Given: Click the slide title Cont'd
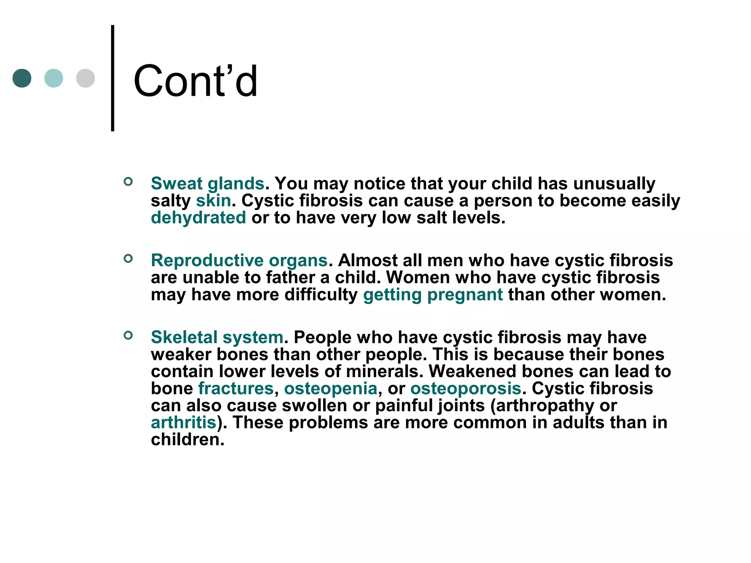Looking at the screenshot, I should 195,81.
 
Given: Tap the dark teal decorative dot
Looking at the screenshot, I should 22,78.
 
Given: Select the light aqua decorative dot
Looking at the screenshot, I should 54,78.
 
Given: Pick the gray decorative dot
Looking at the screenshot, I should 85,78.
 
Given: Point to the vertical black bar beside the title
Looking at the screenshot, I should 113,78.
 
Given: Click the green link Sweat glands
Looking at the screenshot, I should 208,183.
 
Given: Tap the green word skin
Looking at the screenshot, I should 213,200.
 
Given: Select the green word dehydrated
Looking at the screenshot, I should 198,218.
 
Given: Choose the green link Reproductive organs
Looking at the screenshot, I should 239,261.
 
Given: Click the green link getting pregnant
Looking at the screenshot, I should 433,295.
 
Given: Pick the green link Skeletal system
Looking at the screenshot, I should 217,337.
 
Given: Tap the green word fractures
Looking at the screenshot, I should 236,389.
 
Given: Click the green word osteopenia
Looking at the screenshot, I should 330,389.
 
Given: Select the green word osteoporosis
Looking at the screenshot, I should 466,389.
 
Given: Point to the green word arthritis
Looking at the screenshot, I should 183,423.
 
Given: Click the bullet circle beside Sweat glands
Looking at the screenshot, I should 128,181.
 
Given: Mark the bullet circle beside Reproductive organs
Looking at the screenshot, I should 128,258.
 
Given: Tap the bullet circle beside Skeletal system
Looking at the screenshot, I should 128,335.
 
